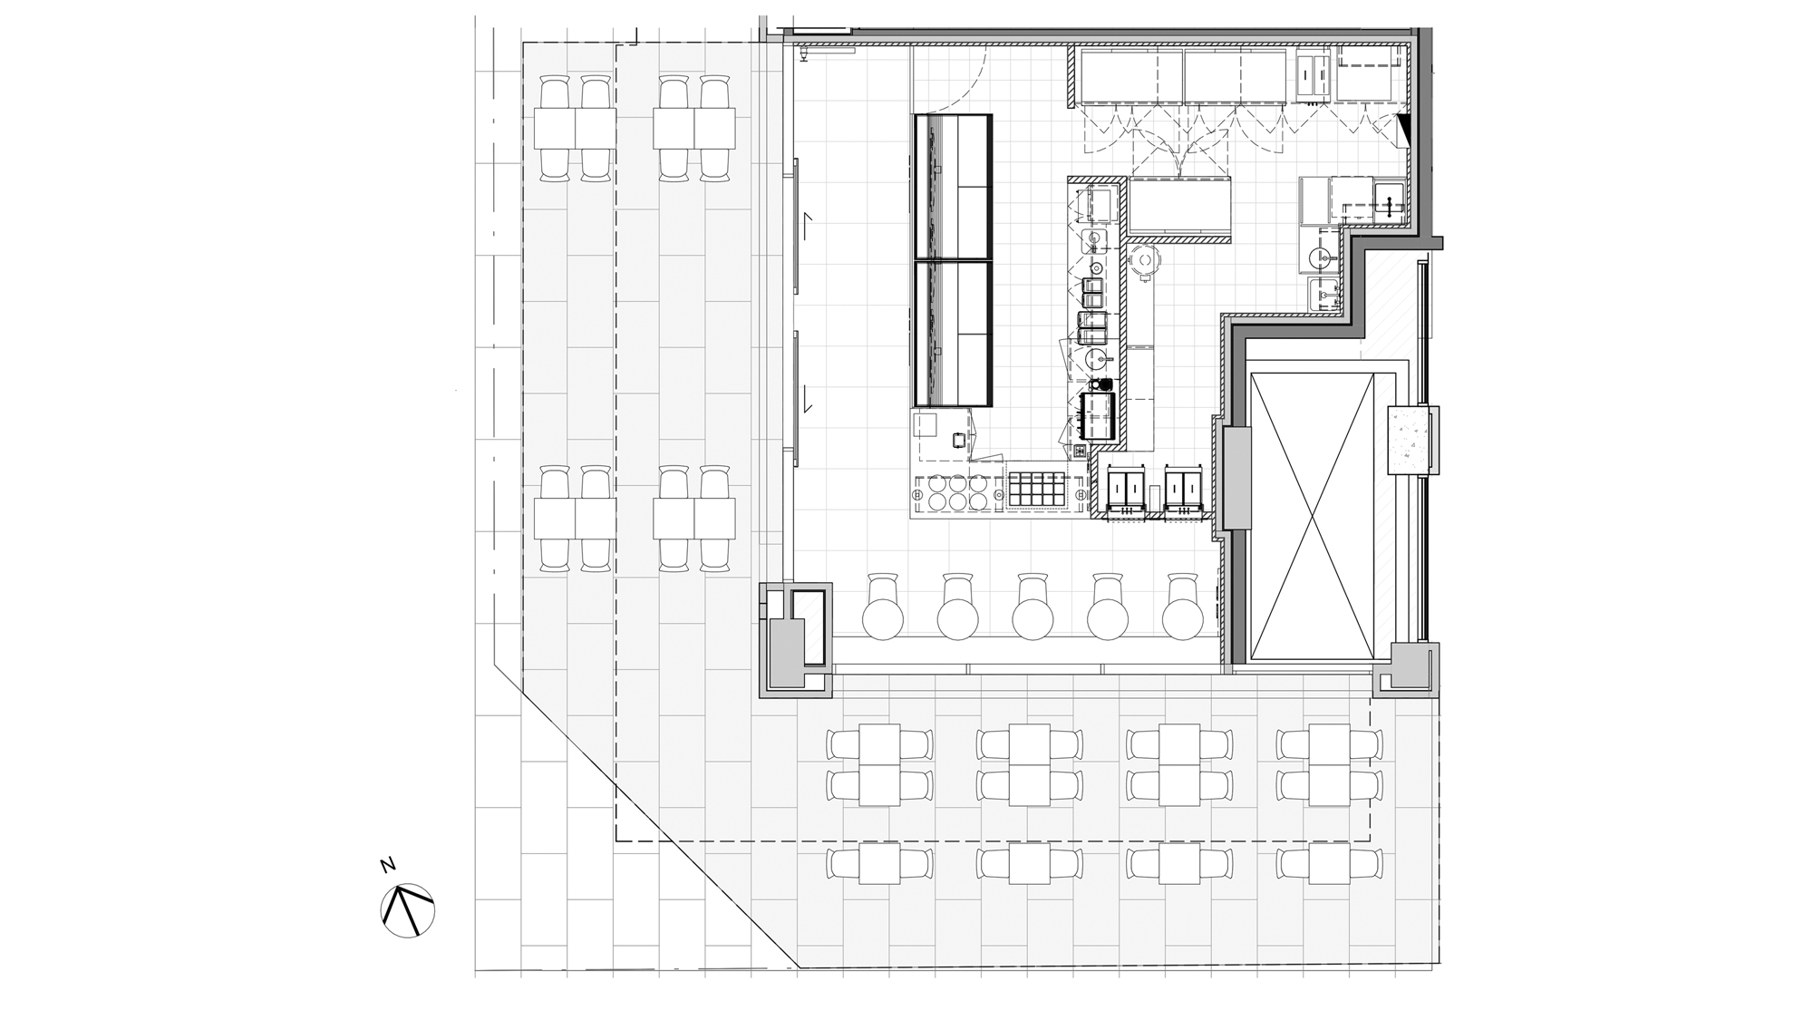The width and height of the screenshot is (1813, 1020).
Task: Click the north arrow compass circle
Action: (408, 910)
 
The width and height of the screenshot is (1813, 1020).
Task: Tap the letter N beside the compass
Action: (388, 864)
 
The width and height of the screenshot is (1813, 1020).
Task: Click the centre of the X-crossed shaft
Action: (1312, 516)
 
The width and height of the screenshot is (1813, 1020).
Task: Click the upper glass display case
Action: (954, 188)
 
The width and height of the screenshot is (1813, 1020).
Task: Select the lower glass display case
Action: (954, 334)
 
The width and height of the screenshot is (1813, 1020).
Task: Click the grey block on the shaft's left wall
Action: (1236, 479)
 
